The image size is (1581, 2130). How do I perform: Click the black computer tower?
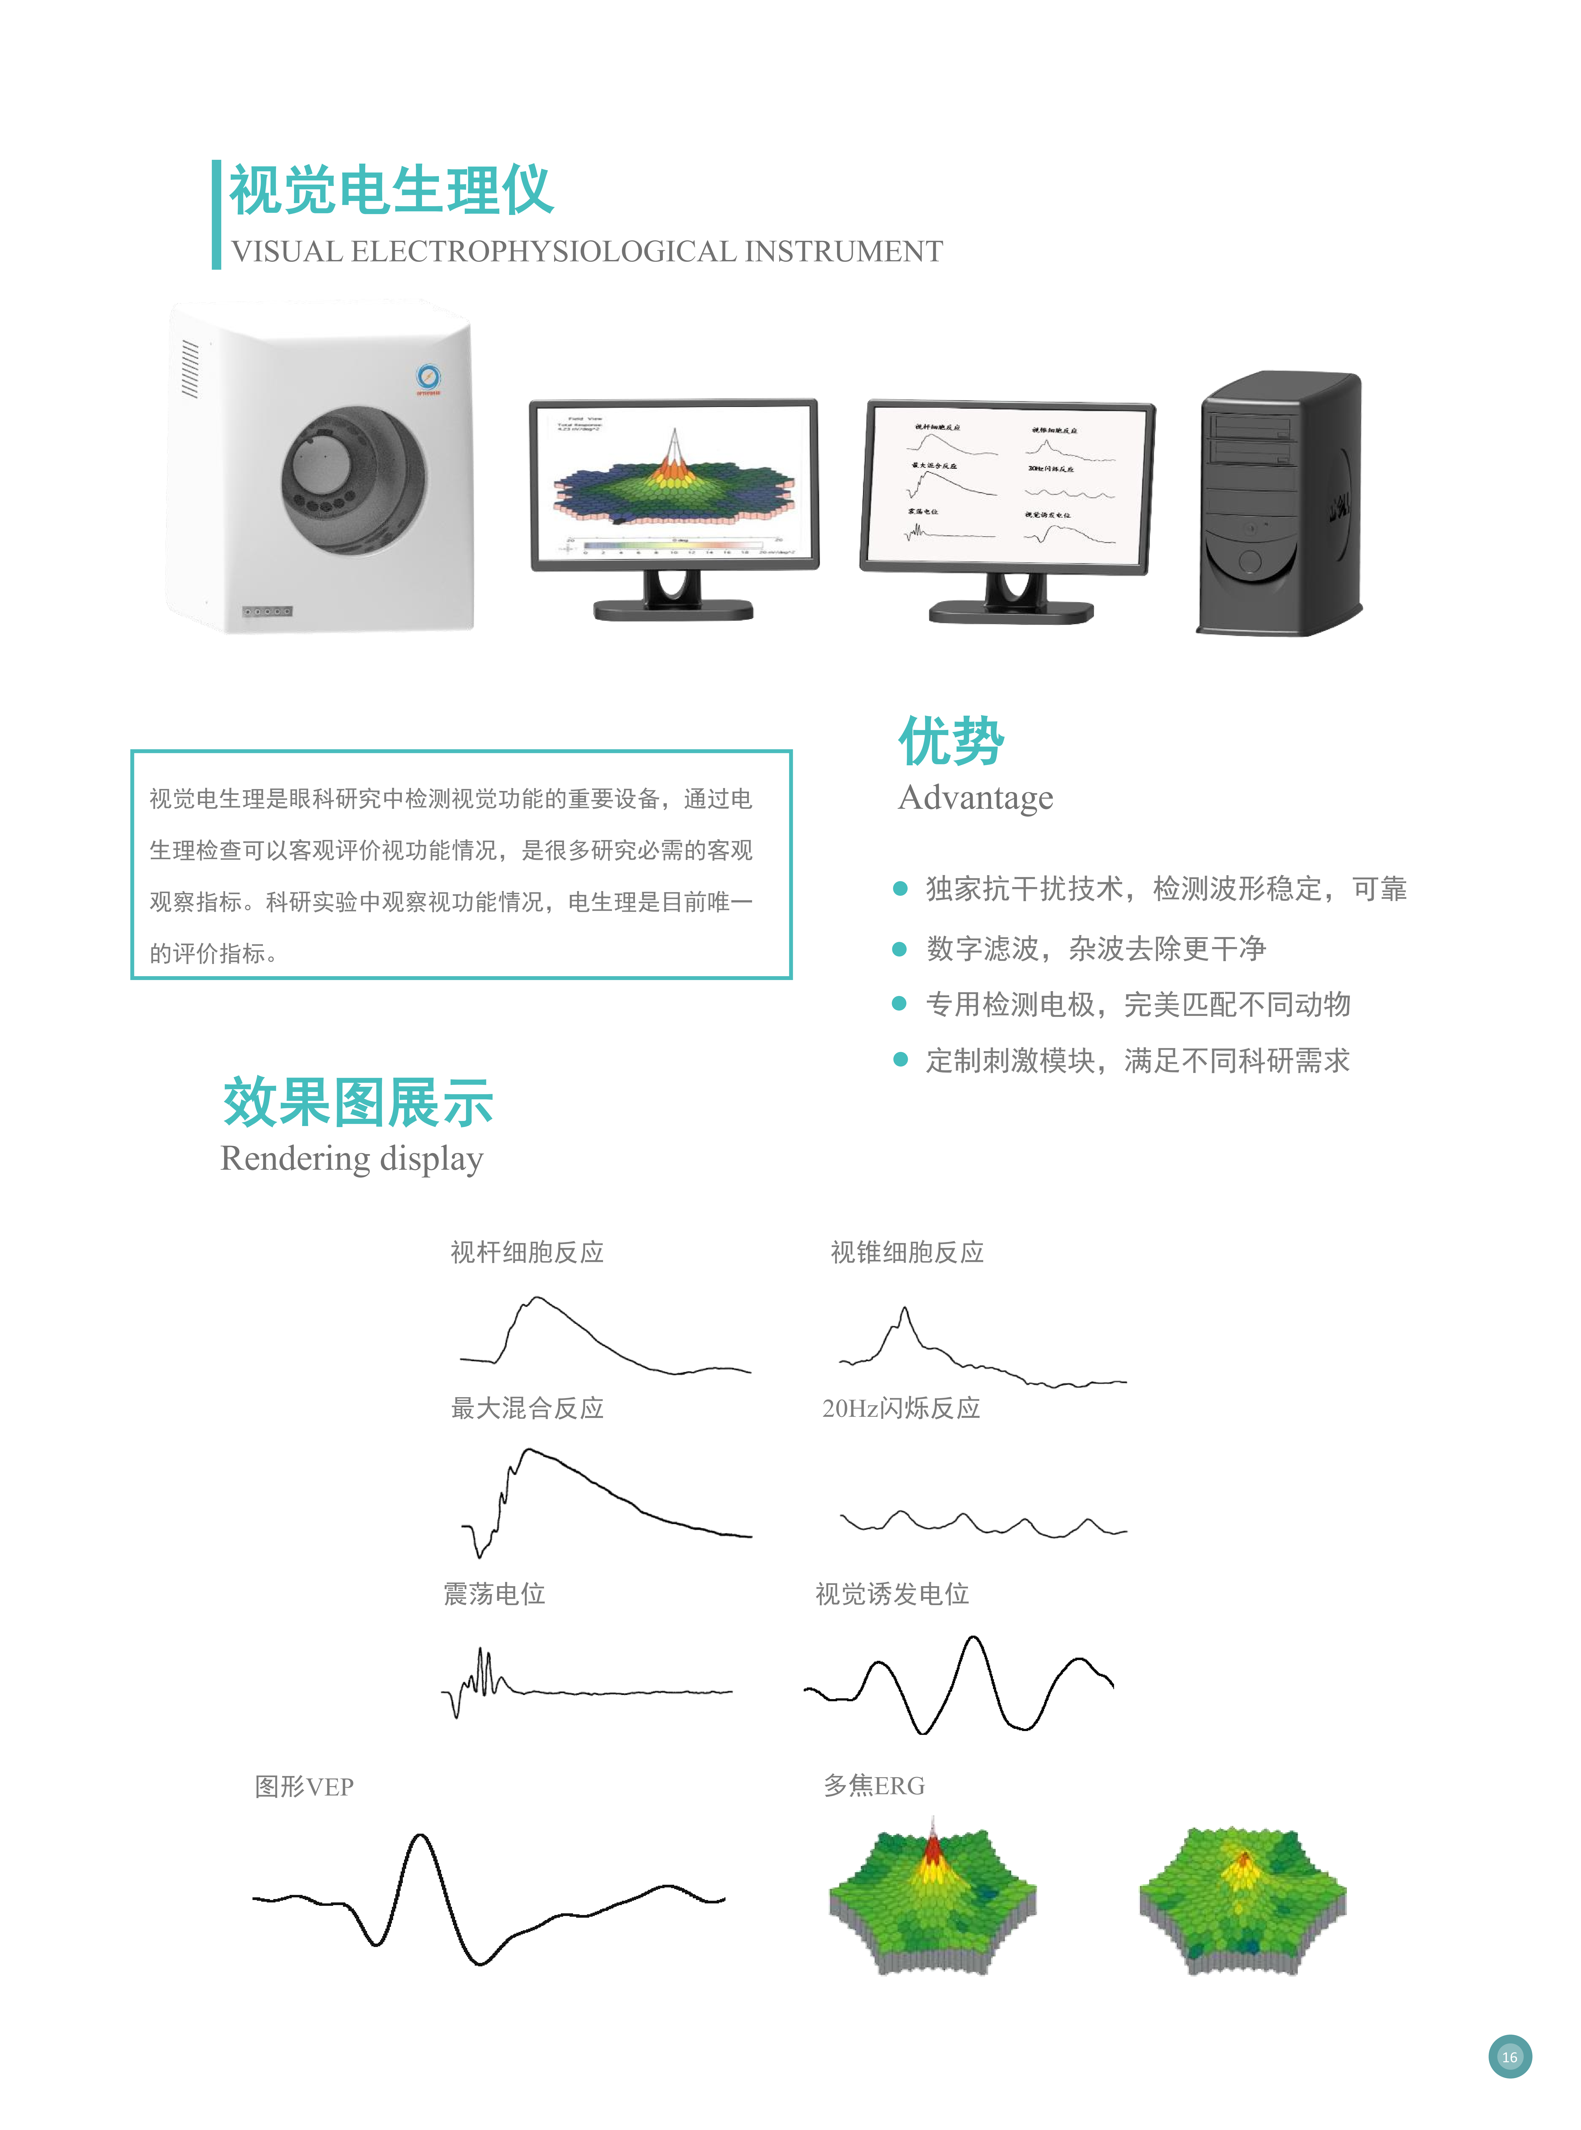coord(1279,502)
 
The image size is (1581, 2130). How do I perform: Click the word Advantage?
coord(975,797)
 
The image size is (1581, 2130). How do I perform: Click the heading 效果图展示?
coord(358,1102)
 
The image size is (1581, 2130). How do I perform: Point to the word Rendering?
coord(295,1159)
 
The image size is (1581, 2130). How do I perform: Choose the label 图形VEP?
coord(304,1786)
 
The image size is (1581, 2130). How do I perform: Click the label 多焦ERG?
coord(874,1785)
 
